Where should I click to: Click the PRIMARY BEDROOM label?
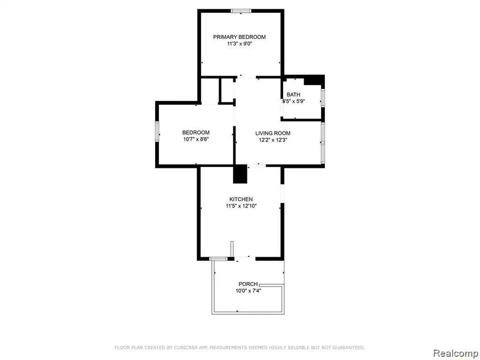239,37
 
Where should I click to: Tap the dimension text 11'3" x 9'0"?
239,44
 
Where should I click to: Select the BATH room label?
293,94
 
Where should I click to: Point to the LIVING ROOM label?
273,133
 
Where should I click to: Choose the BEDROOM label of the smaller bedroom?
196,133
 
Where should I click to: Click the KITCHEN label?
242,199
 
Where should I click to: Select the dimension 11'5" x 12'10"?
242,206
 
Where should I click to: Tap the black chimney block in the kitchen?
241,174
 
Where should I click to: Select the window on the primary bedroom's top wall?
242,10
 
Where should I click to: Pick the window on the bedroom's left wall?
157,131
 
